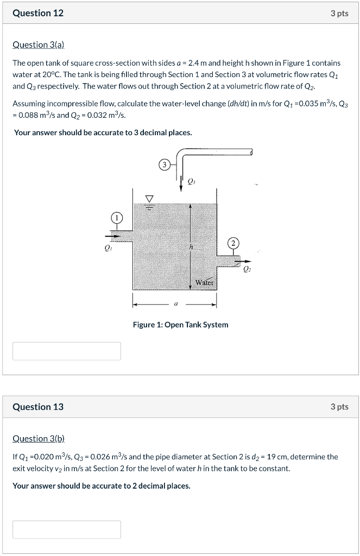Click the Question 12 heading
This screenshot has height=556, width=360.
pos(38,14)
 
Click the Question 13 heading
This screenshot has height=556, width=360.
pos(38,407)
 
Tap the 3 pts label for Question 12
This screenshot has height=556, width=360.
pos(339,14)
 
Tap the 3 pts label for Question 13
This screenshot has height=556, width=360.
pos(339,407)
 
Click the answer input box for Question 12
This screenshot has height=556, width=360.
pos(67,351)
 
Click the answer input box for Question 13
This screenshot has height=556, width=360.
pos(67,529)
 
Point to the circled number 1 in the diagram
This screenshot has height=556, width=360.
pos(116,218)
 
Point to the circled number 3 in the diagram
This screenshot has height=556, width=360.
pos(164,164)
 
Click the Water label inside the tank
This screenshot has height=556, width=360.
pos(205,282)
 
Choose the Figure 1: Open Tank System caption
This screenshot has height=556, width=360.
pos(180,325)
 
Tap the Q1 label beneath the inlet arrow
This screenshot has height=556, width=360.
pos(108,249)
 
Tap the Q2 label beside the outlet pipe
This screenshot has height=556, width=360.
pos(247,268)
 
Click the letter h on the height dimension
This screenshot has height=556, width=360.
pos(191,247)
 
